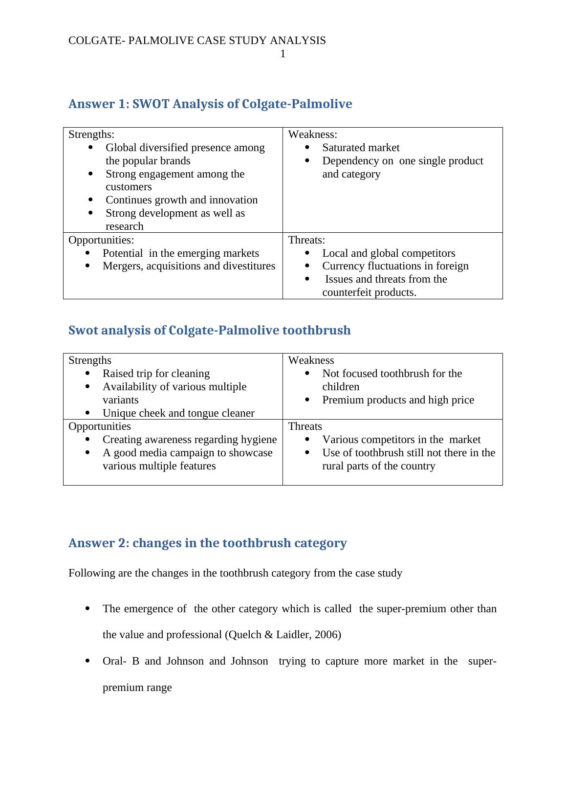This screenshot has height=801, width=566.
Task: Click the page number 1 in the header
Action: click(x=283, y=54)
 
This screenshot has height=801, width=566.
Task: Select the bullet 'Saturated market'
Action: click(x=361, y=148)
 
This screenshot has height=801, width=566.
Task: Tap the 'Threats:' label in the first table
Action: click(x=306, y=240)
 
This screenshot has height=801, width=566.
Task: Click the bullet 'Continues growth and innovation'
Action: click(x=181, y=200)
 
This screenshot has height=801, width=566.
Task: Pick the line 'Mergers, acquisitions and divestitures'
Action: click(x=189, y=266)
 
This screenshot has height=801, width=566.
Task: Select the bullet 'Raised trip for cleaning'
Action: click(x=156, y=374)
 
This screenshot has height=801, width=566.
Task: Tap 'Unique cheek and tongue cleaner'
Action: click(x=178, y=413)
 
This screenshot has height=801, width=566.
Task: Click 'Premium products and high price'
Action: click(x=398, y=400)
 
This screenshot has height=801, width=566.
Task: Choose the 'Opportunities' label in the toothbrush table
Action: click(x=100, y=426)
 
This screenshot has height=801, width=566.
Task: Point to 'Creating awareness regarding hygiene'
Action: click(x=190, y=440)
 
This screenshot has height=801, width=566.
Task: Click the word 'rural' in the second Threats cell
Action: click(x=334, y=466)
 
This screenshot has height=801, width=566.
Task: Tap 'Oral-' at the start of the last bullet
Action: click(x=114, y=661)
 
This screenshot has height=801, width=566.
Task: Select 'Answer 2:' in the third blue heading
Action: click(x=99, y=543)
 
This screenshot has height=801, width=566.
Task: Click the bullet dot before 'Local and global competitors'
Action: click(x=307, y=253)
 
